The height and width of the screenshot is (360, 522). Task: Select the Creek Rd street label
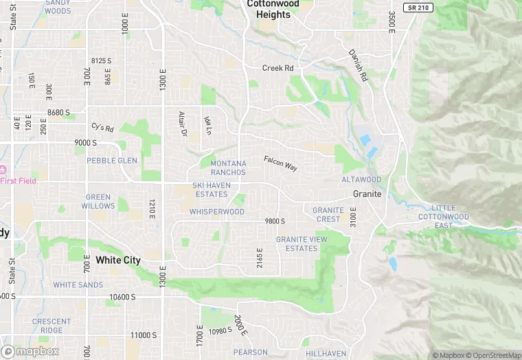pos(277,68)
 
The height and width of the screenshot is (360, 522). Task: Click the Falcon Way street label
pos(280,163)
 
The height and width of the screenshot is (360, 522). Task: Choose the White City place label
pos(117,260)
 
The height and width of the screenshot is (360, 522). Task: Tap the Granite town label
pos(367,194)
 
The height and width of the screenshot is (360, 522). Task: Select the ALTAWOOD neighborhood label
pos(361,180)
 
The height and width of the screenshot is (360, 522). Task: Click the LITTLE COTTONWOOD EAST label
pos(444,216)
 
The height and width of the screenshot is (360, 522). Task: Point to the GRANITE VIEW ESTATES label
pos(302,244)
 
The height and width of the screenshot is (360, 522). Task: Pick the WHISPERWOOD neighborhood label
pos(217,212)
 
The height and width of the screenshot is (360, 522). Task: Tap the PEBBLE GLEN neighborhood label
pos(112,161)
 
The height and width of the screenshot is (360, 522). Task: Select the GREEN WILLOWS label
pos(98,201)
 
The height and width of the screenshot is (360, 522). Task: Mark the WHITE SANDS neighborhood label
pos(78,284)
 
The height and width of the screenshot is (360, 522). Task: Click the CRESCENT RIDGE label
pos(51,326)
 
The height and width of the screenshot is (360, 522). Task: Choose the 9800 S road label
pos(275,221)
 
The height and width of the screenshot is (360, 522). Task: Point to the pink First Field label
pos(19,181)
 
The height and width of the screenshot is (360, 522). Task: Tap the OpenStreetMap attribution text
pos(494,355)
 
